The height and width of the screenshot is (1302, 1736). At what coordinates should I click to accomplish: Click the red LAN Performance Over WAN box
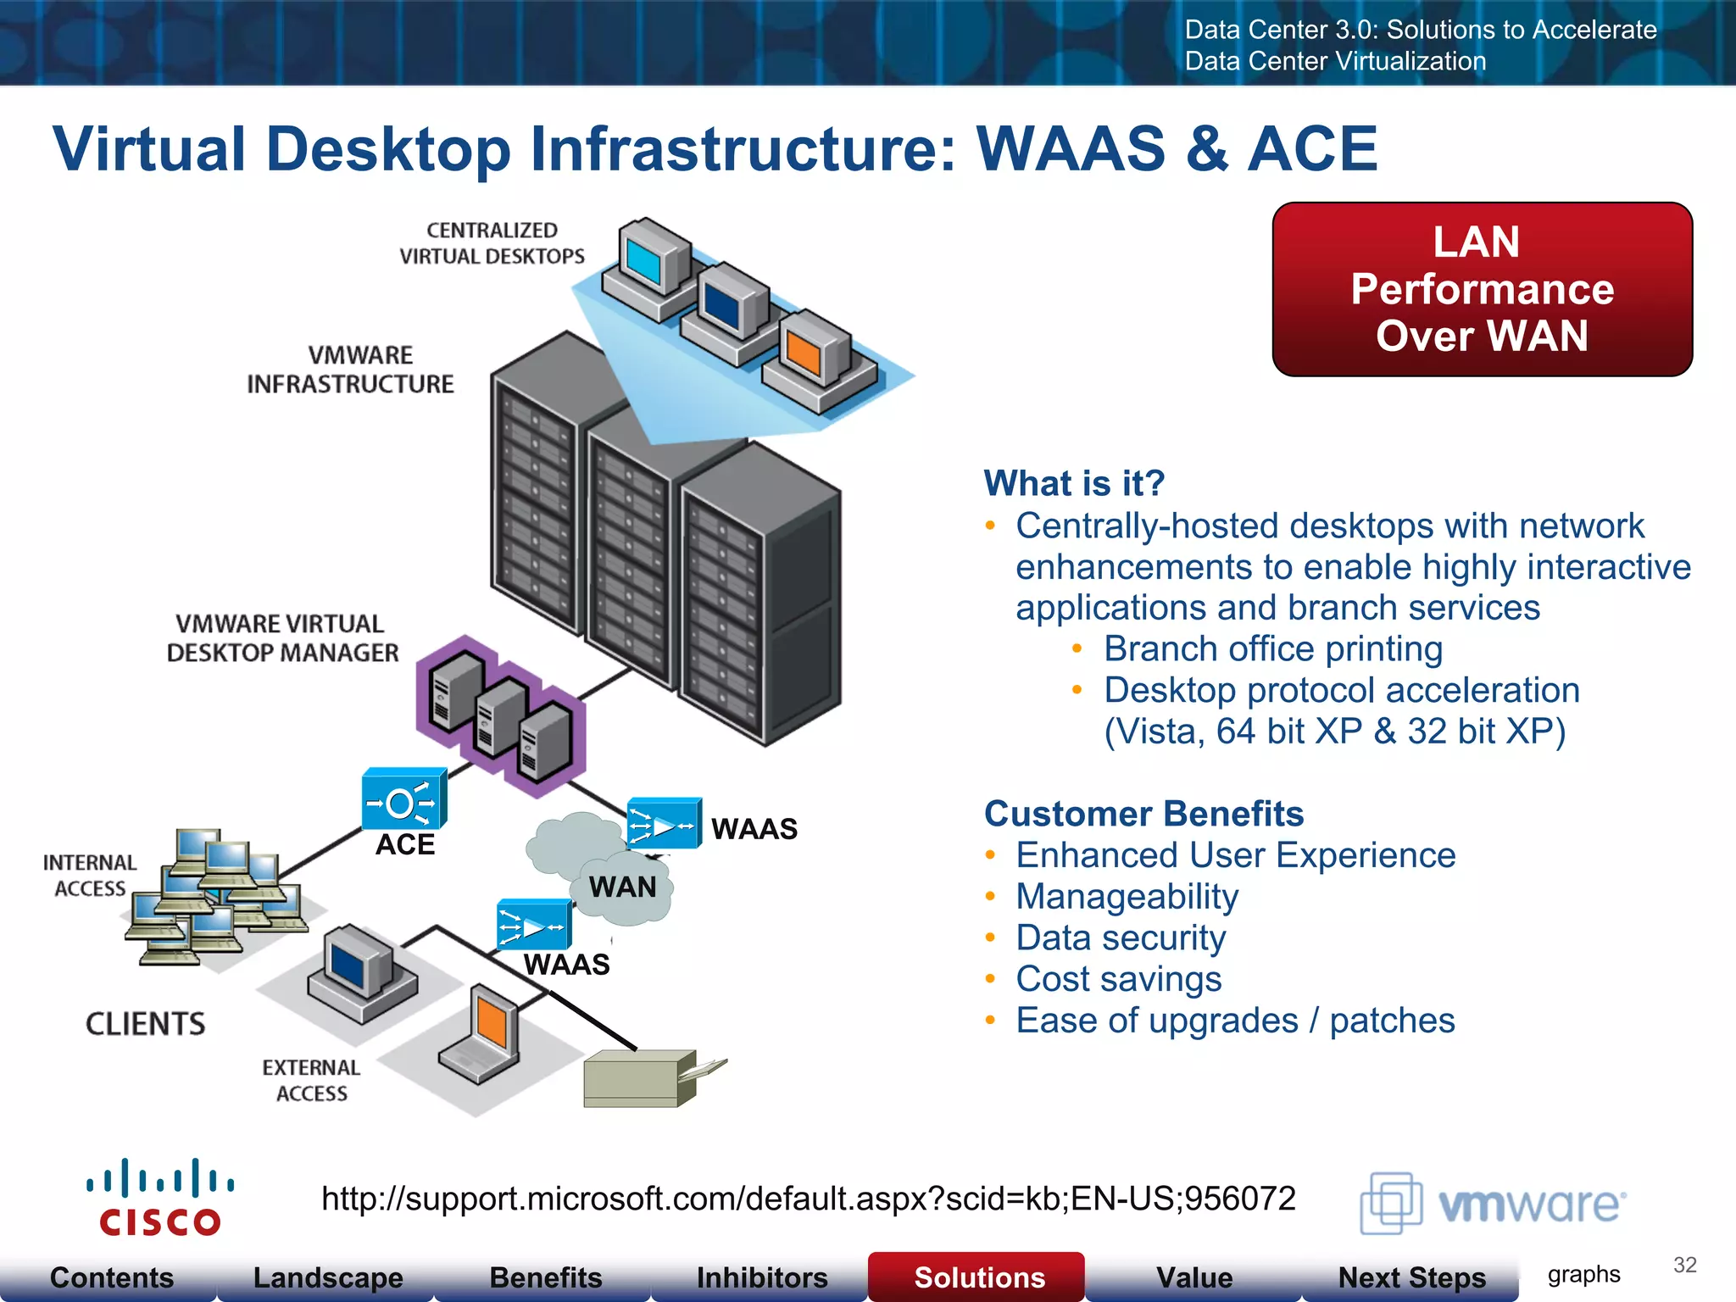[1482, 289]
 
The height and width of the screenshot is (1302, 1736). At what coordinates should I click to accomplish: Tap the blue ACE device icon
[403, 799]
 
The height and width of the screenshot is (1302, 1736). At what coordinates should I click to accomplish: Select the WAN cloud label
[622, 887]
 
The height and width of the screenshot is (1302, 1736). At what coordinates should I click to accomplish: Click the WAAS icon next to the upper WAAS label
[664, 823]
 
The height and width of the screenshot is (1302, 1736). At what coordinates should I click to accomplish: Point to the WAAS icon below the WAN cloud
[533, 925]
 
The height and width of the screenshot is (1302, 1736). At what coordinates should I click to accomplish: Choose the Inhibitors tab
[761, 1277]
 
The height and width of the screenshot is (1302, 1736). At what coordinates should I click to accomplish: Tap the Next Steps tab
[1410, 1277]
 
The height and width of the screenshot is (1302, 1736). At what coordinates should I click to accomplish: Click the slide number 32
[1684, 1265]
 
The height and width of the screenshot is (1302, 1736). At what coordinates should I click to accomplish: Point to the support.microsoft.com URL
[808, 1199]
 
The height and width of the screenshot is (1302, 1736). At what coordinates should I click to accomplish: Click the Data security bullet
[1120, 938]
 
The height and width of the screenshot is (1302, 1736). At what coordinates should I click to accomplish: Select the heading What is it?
[1074, 483]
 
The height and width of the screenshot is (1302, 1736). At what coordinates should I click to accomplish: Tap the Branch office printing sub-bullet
[1272, 649]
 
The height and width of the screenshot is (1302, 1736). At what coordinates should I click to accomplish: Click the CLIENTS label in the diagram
[145, 1024]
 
